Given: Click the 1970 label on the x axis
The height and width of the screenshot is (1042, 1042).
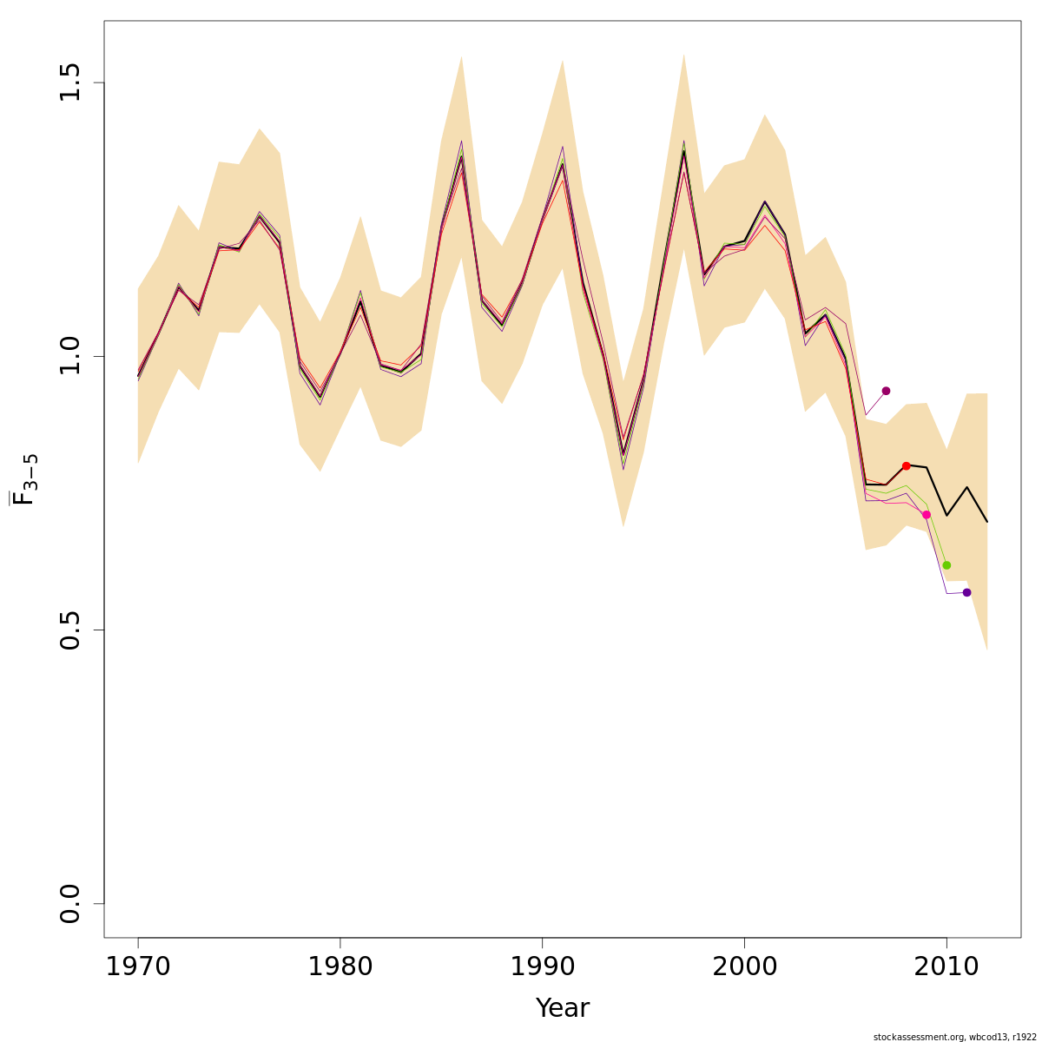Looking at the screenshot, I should click(x=138, y=966).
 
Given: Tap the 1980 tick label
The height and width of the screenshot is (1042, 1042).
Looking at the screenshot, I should click(x=340, y=966).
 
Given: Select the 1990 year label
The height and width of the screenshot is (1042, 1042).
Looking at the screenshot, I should click(x=543, y=966).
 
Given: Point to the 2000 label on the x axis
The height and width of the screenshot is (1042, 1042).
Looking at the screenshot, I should click(x=744, y=966).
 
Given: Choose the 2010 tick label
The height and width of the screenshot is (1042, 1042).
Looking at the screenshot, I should click(x=946, y=966).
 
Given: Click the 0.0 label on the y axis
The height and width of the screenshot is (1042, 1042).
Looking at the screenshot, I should click(x=71, y=903).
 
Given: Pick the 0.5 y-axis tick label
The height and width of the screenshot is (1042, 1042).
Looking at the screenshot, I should click(x=71, y=630).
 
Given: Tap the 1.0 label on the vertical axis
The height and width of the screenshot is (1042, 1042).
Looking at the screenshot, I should click(x=71, y=356).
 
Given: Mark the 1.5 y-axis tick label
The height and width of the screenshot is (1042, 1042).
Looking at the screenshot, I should click(x=71, y=82).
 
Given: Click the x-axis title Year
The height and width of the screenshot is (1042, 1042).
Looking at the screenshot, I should click(x=563, y=1008).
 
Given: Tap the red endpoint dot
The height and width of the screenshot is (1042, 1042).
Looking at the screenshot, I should click(x=907, y=466).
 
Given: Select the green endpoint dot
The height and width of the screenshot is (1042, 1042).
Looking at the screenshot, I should click(x=946, y=565).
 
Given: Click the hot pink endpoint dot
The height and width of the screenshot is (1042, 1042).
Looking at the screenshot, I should click(x=927, y=515).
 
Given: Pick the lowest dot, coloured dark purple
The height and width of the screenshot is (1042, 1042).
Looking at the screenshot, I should click(x=967, y=592).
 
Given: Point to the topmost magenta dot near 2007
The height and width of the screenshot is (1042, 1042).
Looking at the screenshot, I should click(x=886, y=391).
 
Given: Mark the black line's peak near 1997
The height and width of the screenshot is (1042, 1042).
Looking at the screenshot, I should click(x=684, y=151).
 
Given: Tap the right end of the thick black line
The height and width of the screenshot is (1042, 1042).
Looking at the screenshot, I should click(x=987, y=522).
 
